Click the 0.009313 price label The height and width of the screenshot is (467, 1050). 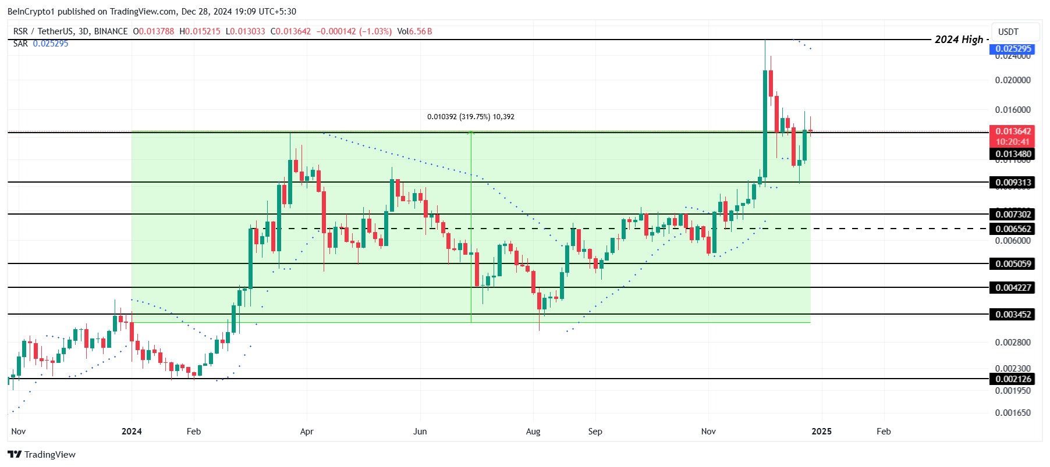[x=1013, y=183]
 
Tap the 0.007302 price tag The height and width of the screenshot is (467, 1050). [x=1013, y=215]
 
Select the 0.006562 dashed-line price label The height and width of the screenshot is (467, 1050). [x=1013, y=229]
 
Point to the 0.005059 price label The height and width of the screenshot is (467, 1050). [x=1013, y=264]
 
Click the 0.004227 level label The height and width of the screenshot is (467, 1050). [x=1013, y=288]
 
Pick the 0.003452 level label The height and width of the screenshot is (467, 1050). [x=1013, y=315]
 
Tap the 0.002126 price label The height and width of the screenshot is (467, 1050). [x=1013, y=379]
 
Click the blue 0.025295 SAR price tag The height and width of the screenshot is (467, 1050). [x=1013, y=49]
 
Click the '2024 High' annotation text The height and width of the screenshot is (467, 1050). [x=959, y=40]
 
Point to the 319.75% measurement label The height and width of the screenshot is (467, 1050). [x=470, y=117]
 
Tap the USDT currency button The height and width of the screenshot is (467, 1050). [x=1008, y=32]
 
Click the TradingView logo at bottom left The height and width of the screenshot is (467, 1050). [x=41, y=454]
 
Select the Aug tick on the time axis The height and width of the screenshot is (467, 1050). [x=533, y=432]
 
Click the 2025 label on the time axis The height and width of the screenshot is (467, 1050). [x=821, y=432]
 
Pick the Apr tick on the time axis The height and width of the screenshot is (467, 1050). [x=306, y=432]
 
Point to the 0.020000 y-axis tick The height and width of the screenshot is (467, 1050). [x=1013, y=80]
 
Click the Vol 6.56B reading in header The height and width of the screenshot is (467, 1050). [x=414, y=31]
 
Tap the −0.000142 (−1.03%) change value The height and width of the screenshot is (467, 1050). [x=354, y=31]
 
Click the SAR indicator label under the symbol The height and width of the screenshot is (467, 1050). [x=20, y=44]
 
